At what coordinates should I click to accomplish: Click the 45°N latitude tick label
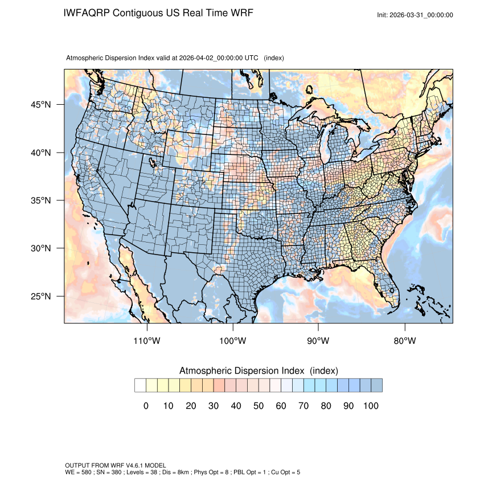(x=40, y=105)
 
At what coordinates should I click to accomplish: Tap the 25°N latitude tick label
(x=40, y=297)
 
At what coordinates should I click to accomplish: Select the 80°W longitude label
(x=404, y=341)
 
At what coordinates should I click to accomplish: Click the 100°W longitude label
(x=233, y=341)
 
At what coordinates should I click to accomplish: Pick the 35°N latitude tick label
(x=40, y=200)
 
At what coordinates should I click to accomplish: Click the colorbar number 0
(x=146, y=406)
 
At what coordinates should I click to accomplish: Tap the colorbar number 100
(x=370, y=406)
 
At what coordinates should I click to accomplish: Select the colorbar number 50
(x=258, y=406)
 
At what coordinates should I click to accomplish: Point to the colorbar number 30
(x=213, y=406)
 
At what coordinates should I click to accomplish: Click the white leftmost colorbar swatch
(x=140, y=385)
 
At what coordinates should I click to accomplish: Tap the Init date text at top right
(x=415, y=15)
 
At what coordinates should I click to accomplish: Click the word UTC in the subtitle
(x=252, y=58)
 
